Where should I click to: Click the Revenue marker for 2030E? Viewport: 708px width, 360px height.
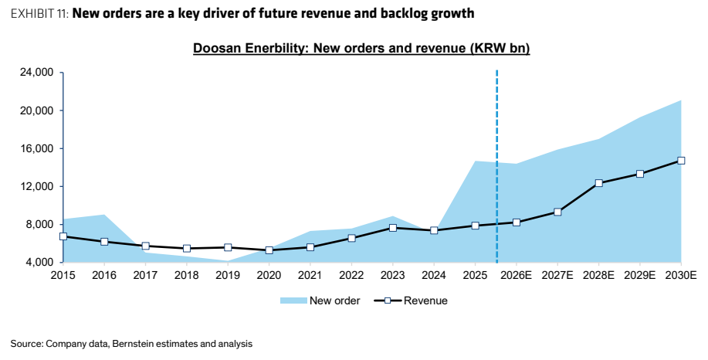point(681,161)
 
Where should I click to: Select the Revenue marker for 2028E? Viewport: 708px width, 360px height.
point(598,183)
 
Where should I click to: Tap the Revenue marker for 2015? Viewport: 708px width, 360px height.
point(63,236)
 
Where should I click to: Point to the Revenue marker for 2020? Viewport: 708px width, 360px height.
point(269,250)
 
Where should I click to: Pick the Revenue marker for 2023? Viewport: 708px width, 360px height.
point(393,228)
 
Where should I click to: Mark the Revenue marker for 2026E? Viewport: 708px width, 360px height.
point(517,222)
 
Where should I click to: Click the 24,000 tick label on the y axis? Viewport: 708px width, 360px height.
point(36,73)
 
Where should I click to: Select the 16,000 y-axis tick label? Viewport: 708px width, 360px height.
point(36,148)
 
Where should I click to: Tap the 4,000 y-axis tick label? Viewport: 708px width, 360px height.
point(39,263)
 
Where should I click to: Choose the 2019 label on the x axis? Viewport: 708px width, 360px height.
point(228,275)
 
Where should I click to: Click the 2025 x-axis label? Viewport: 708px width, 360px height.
point(475,275)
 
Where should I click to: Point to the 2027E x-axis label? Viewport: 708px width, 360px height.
point(557,275)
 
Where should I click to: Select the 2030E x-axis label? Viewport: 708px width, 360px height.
point(681,275)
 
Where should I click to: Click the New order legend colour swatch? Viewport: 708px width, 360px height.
point(293,301)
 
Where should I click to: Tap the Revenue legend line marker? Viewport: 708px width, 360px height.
point(388,301)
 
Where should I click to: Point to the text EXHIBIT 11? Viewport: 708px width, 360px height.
point(39,14)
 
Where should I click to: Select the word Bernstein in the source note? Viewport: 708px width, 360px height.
point(132,344)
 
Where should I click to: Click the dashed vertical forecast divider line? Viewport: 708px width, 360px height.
point(496,166)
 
